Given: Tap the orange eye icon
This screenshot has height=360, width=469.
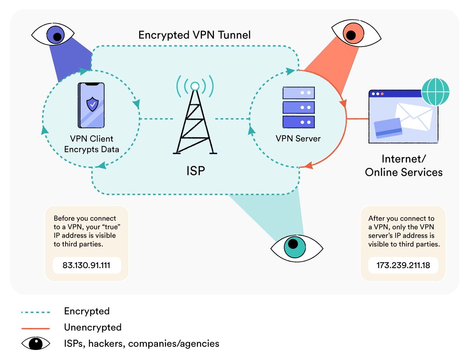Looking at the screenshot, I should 351,35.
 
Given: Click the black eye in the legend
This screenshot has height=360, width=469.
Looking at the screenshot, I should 36,343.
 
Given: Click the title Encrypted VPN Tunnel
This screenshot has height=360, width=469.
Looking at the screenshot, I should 194,35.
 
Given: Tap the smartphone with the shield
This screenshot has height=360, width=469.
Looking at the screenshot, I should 91,105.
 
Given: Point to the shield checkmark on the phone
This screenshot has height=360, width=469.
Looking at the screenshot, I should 92,105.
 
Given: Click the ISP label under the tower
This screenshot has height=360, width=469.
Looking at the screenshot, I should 196,171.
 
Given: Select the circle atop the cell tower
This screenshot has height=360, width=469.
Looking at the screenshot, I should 195,86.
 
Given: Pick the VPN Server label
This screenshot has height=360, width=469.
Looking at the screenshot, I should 298,139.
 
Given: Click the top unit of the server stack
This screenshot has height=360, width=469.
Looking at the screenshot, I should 298,93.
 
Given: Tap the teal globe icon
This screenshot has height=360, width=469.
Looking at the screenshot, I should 435,91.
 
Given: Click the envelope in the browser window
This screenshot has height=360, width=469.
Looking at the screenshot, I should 413,115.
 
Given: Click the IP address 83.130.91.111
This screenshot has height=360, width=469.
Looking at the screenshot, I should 86,265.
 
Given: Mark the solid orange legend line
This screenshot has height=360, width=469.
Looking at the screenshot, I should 36,328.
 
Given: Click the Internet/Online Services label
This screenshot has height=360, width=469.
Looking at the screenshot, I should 403,165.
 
